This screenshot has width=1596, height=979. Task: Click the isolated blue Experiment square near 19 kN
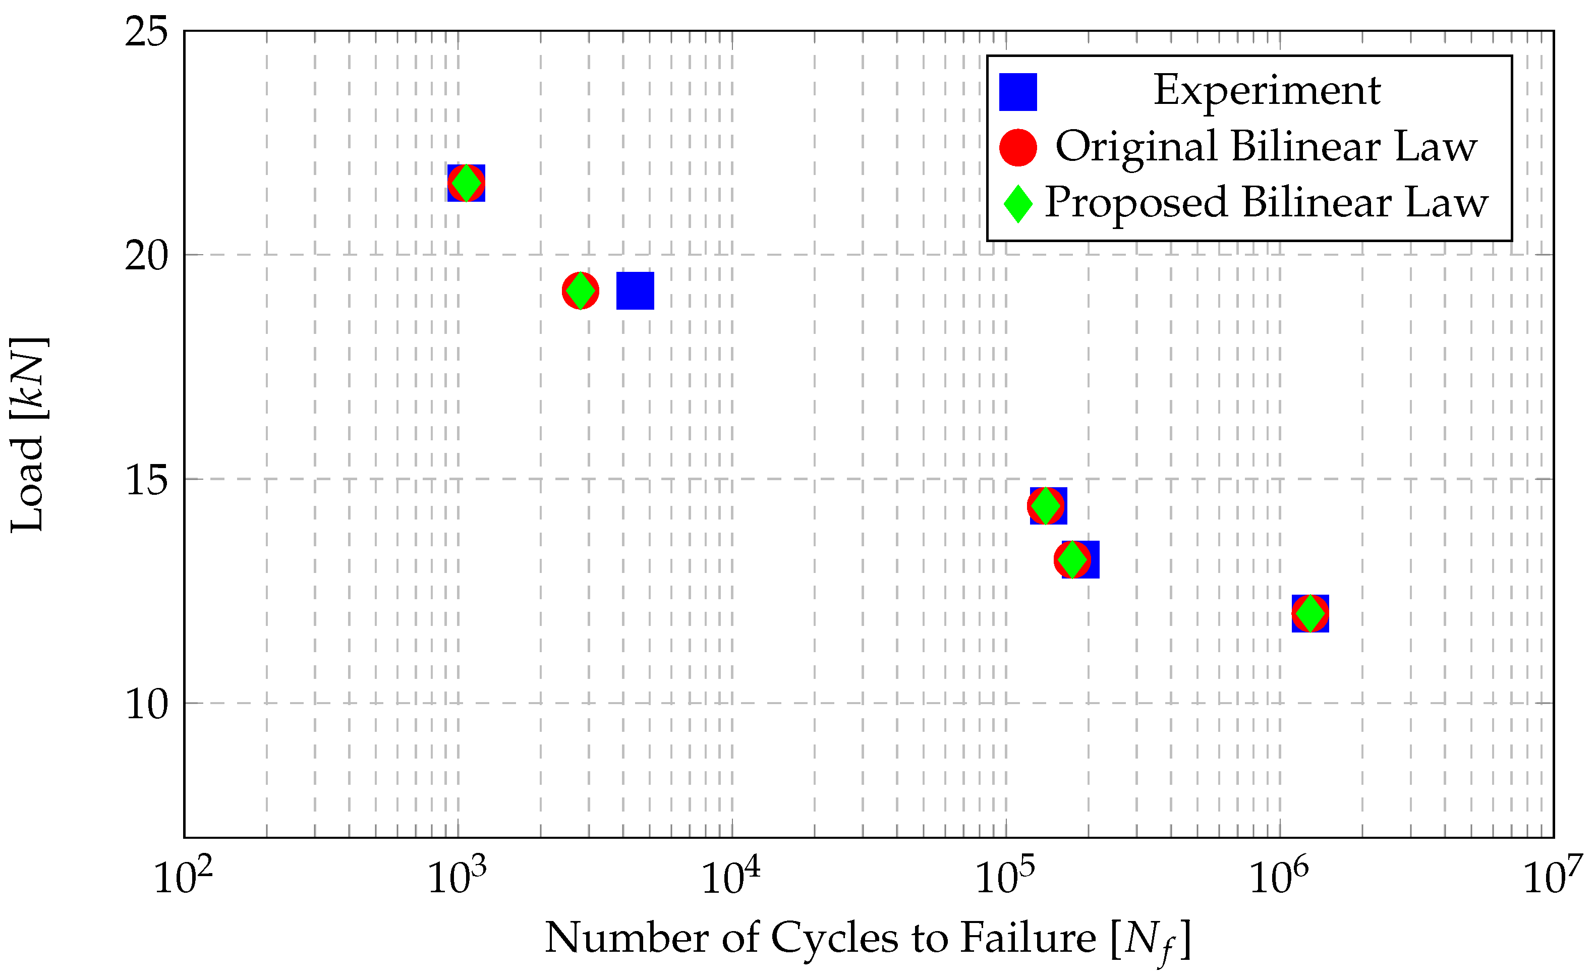click(x=635, y=291)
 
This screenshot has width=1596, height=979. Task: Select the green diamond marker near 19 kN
click(x=581, y=291)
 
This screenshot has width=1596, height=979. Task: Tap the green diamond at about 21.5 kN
click(x=466, y=183)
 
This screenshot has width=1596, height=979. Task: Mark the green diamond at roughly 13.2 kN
click(x=1072, y=559)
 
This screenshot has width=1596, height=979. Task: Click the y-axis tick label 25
click(x=146, y=32)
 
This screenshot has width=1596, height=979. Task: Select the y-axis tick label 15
click(x=146, y=480)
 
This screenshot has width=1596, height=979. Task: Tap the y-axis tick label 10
click(x=146, y=704)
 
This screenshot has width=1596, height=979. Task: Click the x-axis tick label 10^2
click(x=183, y=877)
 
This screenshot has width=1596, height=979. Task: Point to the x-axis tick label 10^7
click(x=1553, y=877)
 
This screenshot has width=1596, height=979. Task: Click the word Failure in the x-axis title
click(x=1028, y=938)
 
